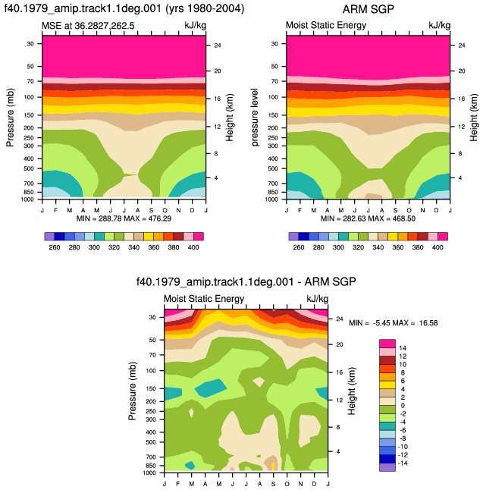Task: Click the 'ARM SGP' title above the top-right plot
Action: pos(368,9)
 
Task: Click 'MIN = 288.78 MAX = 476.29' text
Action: pos(124,218)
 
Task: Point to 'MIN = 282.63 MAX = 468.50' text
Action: pos(368,218)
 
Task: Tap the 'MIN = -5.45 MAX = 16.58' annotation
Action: pos(394,323)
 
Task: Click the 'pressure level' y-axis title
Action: pos(255,117)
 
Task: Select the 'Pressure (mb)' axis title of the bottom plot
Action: pos(133,391)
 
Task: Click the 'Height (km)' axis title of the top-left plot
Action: pos(230,118)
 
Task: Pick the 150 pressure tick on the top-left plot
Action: pos(30,115)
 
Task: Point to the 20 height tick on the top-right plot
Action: pos(462,71)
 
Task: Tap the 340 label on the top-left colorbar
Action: pos(133,247)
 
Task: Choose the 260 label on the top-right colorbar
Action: pos(299,247)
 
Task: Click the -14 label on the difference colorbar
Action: pos(403,463)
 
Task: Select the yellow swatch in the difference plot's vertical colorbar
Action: pos(387,385)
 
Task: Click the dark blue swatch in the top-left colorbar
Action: pos(59,237)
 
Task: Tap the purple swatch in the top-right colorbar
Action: pos(293,237)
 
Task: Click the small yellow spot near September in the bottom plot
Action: pos(273,466)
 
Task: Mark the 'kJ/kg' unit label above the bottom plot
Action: pos(318,299)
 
